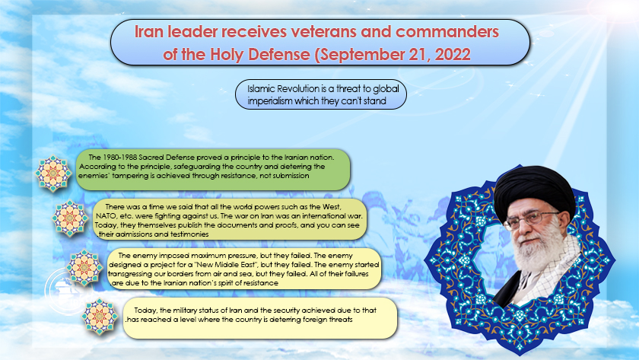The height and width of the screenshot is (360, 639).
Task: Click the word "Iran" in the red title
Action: coord(150,31)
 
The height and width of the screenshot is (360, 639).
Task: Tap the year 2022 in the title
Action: coord(453,54)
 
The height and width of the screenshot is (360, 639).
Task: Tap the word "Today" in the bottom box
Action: coord(145,311)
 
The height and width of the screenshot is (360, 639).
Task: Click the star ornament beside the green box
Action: coord(53,174)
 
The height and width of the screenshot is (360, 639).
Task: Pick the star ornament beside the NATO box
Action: coord(70,218)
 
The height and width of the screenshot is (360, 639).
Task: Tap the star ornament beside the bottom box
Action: coord(100,317)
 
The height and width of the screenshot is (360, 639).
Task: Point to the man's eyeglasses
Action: coord(530,220)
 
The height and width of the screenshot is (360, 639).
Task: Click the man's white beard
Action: coord(534,261)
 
